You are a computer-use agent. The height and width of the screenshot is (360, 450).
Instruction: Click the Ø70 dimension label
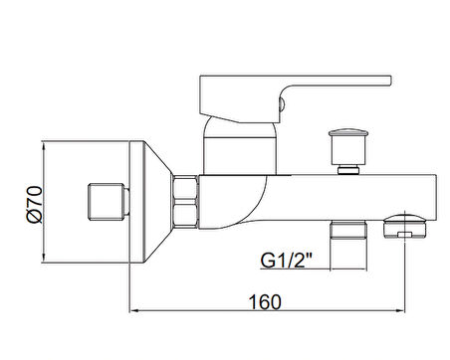coord(35,204)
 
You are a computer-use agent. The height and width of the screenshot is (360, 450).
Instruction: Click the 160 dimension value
coord(265,302)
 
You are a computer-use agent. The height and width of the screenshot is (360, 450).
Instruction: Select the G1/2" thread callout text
coord(287,261)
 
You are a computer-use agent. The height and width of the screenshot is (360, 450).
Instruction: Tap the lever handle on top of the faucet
coord(296,99)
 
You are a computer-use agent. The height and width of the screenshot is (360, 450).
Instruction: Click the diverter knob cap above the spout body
coord(348,132)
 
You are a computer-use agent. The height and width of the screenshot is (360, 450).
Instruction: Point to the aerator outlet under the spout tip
coord(404,227)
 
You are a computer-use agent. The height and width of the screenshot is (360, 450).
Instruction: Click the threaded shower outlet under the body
coord(348,230)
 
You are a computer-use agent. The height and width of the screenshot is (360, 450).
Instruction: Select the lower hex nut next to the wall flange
coord(185,216)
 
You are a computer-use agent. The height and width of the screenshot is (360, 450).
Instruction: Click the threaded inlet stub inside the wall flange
coord(109,201)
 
